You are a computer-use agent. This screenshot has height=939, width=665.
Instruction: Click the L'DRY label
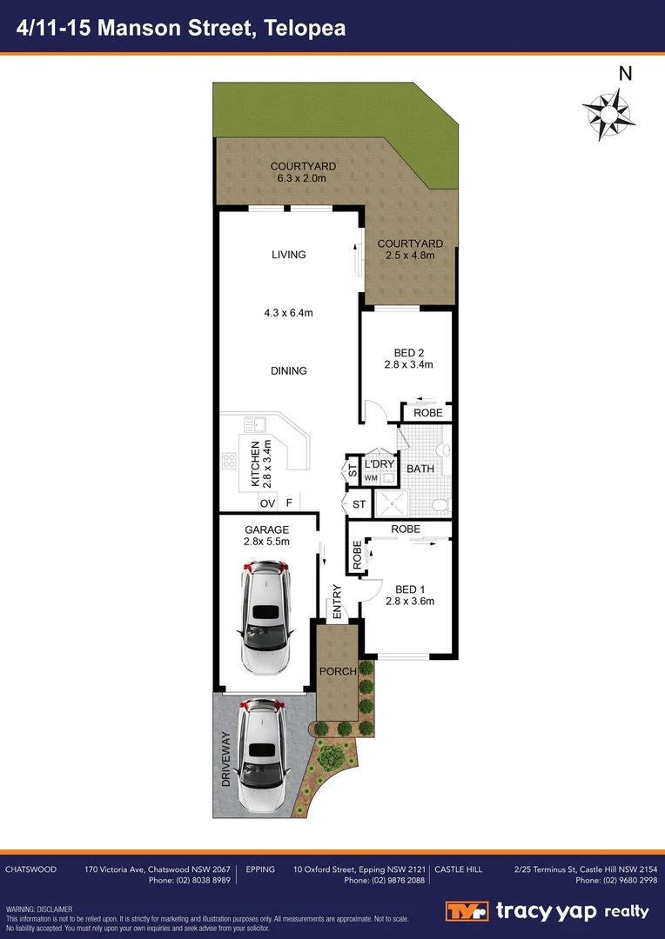click(x=380, y=465)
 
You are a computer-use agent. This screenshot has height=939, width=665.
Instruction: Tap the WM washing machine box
click(x=371, y=478)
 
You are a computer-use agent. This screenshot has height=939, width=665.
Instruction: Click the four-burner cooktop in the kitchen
click(x=231, y=463)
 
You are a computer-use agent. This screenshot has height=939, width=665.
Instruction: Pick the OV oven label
click(x=267, y=503)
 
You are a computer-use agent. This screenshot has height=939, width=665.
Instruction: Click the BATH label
click(x=420, y=469)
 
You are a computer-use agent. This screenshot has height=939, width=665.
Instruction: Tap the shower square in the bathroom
click(x=390, y=503)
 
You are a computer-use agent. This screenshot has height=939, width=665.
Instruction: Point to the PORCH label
click(x=337, y=671)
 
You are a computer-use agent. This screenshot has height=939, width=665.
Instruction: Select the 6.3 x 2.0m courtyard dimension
click(x=302, y=178)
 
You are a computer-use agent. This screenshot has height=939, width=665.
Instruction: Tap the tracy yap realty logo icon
click(x=467, y=911)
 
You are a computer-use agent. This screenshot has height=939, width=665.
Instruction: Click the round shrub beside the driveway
click(x=331, y=756)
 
